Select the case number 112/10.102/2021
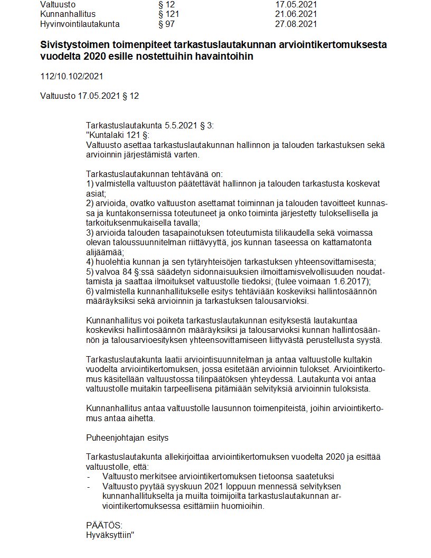[71, 76]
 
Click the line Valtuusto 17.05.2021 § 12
[89, 96]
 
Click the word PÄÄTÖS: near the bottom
[104, 525]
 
